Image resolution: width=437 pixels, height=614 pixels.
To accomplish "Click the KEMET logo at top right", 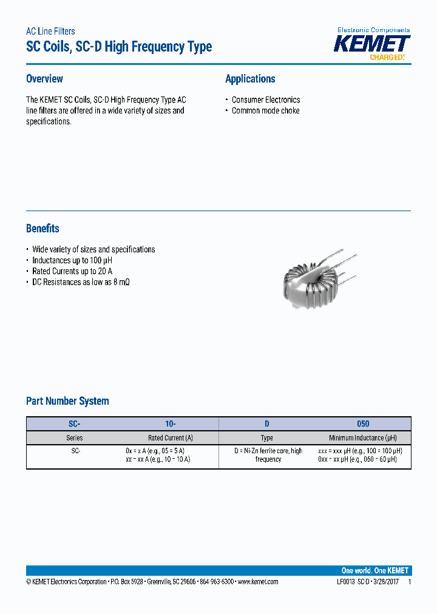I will [373, 44].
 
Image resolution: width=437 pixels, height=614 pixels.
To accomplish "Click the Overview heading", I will [44, 79].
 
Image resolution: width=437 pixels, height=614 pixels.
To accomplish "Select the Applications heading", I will [250, 79].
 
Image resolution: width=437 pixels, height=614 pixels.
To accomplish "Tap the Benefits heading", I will [42, 229].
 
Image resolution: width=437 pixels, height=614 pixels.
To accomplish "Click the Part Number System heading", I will [67, 401].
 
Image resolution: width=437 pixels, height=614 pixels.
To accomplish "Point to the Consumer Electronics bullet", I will [266, 100].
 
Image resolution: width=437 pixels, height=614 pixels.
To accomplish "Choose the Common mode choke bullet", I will [265, 110].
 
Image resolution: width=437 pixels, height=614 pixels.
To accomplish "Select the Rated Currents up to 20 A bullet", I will [72, 271].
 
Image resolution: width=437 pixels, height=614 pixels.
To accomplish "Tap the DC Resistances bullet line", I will [81, 282].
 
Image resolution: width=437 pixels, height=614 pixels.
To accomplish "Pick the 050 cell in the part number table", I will [362, 424].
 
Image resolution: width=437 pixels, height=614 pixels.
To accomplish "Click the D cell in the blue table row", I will [266, 424].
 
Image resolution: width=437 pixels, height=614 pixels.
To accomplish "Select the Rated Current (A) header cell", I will [171, 437].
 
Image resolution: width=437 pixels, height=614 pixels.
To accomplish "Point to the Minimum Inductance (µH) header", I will [362, 437].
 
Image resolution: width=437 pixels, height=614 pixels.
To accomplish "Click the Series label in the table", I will [75, 437].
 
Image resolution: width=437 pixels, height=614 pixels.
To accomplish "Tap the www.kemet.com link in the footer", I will [258, 581].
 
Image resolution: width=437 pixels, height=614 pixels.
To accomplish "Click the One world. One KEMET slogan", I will [374, 570].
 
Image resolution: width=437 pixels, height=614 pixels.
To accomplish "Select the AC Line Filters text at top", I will [50, 32].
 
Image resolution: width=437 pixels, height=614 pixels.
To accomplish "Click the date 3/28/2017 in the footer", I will [385, 581].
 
